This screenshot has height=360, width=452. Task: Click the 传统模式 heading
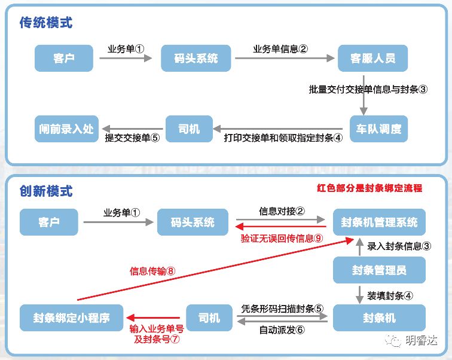pyautogui.click(x=45, y=23)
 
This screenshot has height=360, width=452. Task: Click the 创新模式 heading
pyautogui.click(x=45, y=191)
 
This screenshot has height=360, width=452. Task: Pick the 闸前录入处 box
pyautogui.click(x=66, y=128)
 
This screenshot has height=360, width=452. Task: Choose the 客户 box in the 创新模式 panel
pyautogui.click(x=48, y=222)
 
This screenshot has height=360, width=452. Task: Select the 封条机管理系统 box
pyautogui.click(x=379, y=222)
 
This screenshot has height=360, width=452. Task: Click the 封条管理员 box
pyautogui.click(x=379, y=270)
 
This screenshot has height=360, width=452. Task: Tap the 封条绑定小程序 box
pyautogui.click(x=72, y=317)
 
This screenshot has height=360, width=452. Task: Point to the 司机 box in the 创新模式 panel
pyautogui.click(x=209, y=317)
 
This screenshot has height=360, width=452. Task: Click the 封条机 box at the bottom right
pyautogui.click(x=379, y=317)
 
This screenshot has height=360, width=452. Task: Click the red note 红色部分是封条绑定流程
pyautogui.click(x=369, y=188)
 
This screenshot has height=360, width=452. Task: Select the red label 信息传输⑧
pyautogui.click(x=152, y=271)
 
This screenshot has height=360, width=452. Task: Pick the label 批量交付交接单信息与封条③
pyautogui.click(x=368, y=90)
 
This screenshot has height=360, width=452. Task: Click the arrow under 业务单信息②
pyautogui.click(x=284, y=59)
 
